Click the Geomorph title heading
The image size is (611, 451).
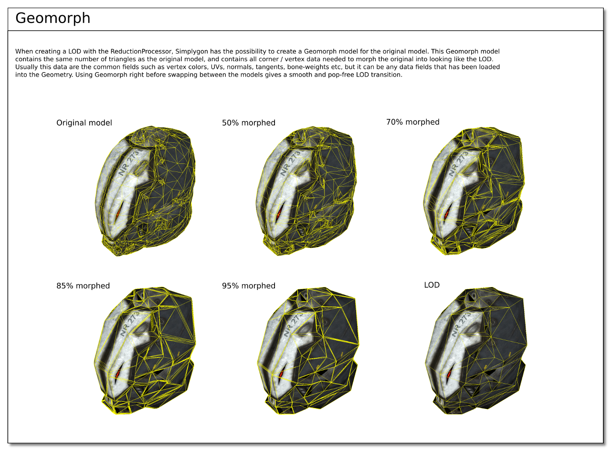tap(53, 18)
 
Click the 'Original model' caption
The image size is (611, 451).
tap(84, 123)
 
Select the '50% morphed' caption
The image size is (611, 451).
tap(249, 123)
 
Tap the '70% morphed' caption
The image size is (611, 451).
tap(413, 122)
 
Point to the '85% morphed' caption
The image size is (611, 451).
tap(83, 286)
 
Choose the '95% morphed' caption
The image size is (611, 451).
tap(249, 286)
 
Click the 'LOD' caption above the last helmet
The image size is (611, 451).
tap(432, 285)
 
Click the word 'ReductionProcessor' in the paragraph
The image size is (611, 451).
tap(141, 51)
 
